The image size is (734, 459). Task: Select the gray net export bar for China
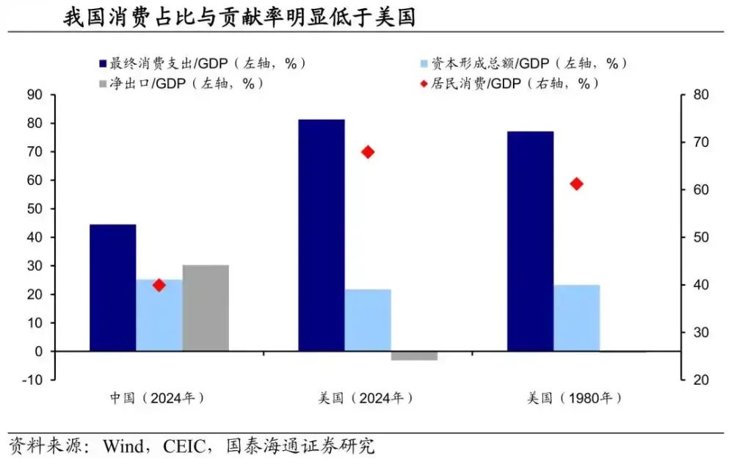pyautogui.click(x=206, y=308)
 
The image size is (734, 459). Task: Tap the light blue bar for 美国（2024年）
pyautogui.click(x=368, y=320)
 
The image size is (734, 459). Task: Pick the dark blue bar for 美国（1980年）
pyautogui.click(x=530, y=241)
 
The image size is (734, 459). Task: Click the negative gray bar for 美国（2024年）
pyautogui.click(x=414, y=355)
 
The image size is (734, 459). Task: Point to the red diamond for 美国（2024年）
pyautogui.click(x=368, y=152)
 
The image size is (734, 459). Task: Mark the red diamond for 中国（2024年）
pyautogui.click(x=159, y=285)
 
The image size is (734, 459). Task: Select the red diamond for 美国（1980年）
pyautogui.click(x=576, y=184)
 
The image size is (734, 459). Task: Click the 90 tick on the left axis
pyautogui.click(x=34, y=95)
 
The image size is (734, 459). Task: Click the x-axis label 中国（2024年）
pyautogui.click(x=157, y=398)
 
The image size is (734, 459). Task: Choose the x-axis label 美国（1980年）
pyautogui.click(x=575, y=398)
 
